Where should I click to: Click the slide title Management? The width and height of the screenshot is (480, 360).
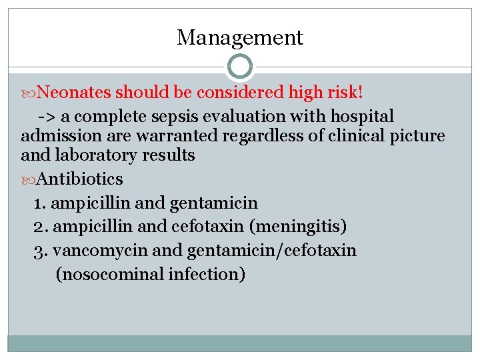click(240, 38)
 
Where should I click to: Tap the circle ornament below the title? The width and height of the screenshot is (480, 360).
click(240, 67)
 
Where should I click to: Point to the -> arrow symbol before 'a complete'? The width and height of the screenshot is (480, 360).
click(47, 117)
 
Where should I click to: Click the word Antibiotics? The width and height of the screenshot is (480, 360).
click(80, 179)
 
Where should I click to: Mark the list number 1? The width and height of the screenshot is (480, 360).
click(39, 203)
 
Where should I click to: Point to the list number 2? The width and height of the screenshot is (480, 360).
click(40, 227)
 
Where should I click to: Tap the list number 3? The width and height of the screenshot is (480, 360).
click(40, 251)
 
